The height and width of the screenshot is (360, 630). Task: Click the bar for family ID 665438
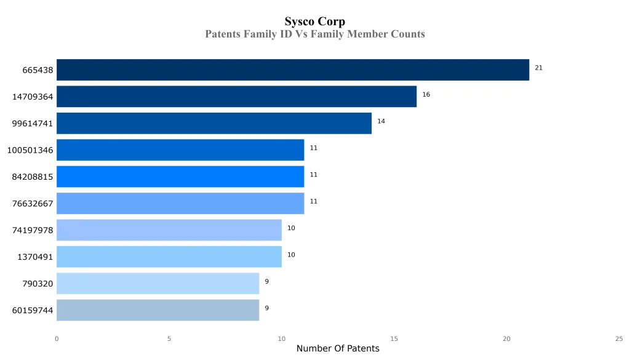pos(293,70)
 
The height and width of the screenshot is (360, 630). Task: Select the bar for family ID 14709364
pos(236,97)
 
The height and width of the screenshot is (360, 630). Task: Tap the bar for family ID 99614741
pos(214,123)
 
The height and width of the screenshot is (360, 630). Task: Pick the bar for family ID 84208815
pos(180,177)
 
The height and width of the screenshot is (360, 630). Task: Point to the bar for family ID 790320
pos(157,283)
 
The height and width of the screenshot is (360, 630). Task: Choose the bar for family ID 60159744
pos(157,310)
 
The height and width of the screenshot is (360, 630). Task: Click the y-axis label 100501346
pos(30,150)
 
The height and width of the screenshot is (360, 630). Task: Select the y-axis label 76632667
pos(33,204)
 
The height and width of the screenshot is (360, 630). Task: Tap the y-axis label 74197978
pos(33,230)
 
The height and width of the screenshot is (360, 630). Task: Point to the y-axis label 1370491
pos(35,257)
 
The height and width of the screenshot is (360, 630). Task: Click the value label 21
pos(538,68)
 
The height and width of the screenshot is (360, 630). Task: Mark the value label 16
pos(426,95)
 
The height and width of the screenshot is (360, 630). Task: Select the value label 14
pos(381,121)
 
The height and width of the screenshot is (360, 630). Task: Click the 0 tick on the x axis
pos(57,338)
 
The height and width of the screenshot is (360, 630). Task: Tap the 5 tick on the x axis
pos(169,338)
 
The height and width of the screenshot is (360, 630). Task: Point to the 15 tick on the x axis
pos(394,338)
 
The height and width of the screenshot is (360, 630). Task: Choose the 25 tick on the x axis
pos(619,338)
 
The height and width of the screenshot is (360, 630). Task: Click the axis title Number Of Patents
pos(338,349)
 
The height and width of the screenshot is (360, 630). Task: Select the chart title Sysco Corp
pos(314,22)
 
